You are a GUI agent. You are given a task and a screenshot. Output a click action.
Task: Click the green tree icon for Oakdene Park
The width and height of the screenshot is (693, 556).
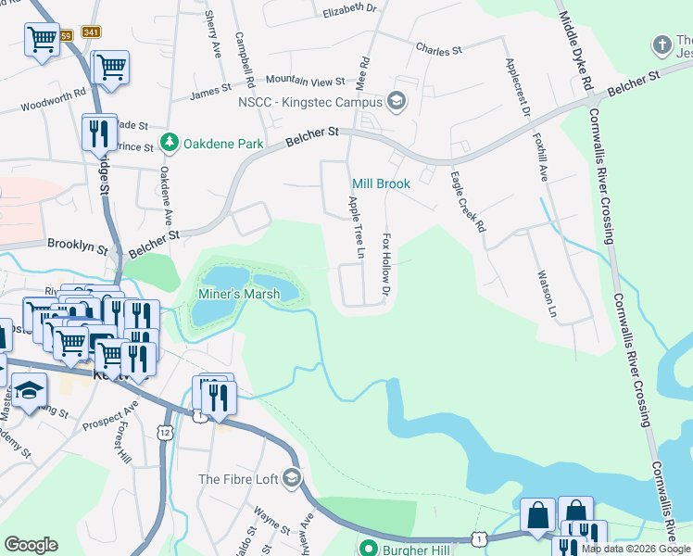click(170, 143)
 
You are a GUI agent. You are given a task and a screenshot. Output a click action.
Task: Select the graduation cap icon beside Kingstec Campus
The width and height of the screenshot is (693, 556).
click(397, 100)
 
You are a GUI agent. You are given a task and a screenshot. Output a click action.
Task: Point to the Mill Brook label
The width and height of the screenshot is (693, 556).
click(380, 184)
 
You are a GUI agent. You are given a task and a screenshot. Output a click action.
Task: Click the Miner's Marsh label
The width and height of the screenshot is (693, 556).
click(239, 295)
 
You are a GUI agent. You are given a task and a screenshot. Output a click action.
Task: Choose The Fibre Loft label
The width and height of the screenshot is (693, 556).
click(238, 479)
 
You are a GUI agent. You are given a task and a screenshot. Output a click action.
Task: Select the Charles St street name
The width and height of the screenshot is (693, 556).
click(439, 49)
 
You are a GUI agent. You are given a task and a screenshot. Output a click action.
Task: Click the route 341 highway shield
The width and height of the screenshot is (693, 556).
click(91, 32)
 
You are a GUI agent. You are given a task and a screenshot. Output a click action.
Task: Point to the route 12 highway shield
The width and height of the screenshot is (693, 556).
click(165, 432)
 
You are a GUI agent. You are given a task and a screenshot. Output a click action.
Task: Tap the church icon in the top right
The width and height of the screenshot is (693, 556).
click(661, 44)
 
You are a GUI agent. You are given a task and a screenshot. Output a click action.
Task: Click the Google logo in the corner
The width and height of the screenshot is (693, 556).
click(31, 545)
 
